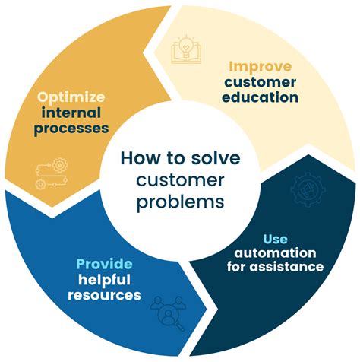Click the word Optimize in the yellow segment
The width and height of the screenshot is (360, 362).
pos(71,99)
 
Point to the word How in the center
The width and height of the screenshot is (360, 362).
pos(137,158)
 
